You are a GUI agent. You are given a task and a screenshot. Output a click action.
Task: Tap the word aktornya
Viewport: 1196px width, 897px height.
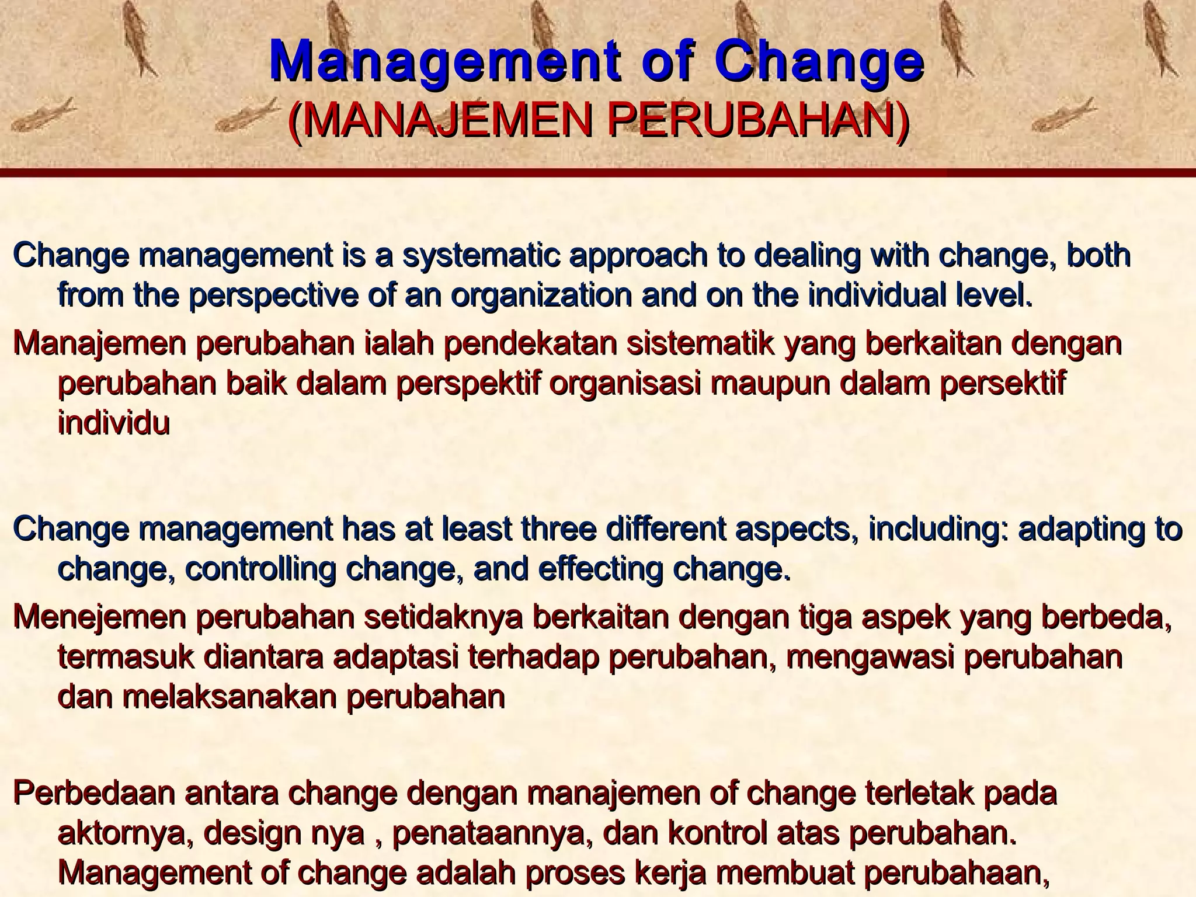pos(126,834)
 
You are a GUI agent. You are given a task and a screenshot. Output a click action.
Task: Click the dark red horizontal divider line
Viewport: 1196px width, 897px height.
pos(598,173)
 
